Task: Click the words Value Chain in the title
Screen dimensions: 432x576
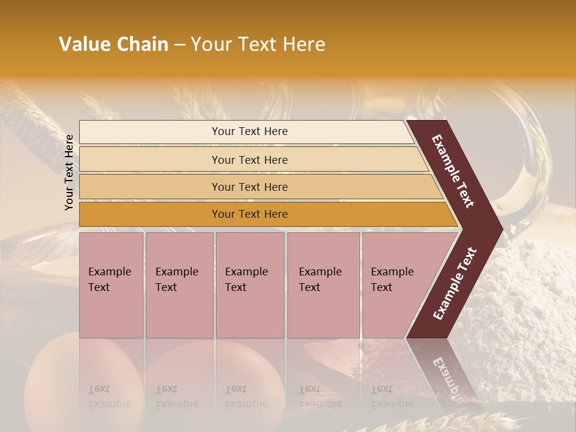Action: click(113, 44)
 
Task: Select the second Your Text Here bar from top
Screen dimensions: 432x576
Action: click(250, 160)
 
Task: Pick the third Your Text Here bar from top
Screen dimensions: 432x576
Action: click(250, 187)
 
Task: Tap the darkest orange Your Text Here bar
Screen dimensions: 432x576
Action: click(250, 214)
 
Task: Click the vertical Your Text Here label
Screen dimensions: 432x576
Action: click(69, 172)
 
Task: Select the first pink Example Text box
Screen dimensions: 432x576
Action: click(111, 285)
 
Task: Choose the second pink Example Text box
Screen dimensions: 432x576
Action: click(179, 285)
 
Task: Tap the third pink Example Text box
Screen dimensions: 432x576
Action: click(250, 285)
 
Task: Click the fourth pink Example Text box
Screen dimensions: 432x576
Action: click(323, 285)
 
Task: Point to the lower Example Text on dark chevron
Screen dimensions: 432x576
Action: click(455, 284)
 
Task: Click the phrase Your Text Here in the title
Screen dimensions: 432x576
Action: click(258, 44)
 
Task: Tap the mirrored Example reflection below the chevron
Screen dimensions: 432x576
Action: click(448, 375)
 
